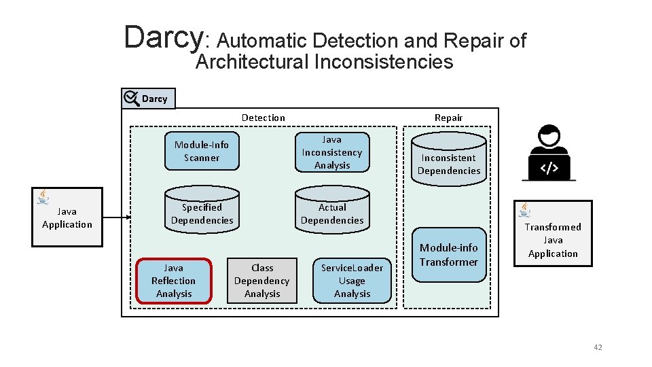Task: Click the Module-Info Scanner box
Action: [x=202, y=151]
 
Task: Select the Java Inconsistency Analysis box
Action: [x=332, y=152]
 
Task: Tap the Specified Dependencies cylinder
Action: [x=202, y=213]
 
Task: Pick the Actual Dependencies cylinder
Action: [x=332, y=213]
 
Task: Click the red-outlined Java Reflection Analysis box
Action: [x=174, y=281]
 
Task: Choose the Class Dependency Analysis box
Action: [x=262, y=281]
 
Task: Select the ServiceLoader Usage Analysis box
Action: [x=352, y=281]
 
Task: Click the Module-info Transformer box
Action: [x=449, y=255]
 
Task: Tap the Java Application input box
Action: [x=67, y=217]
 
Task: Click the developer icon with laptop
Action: [x=549, y=152]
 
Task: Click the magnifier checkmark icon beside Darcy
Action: [x=131, y=99]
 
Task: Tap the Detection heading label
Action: [x=264, y=118]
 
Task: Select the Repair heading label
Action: [x=448, y=118]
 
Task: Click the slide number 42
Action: [x=598, y=347]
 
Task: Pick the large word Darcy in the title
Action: [x=163, y=37]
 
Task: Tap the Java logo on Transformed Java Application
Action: [x=525, y=210]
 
